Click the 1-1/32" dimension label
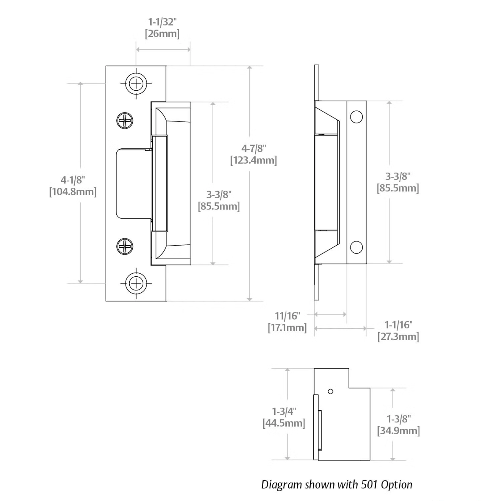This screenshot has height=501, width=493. coord(162,22)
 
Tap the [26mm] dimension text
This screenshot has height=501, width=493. coord(162,34)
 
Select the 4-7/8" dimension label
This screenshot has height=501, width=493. coord(254,149)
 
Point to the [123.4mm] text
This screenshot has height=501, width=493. coord(254,160)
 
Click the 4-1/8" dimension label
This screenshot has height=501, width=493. coord(73,180)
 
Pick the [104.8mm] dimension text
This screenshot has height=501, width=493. coord(73,192)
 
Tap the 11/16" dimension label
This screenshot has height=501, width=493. coord(287,316)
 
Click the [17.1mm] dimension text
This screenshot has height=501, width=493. coord(287,328)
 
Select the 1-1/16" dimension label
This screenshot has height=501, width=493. coord(399,325)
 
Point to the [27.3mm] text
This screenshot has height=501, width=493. coord(399,337)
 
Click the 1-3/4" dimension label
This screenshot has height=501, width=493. coord(284,411)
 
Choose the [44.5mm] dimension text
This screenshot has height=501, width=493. coord(284,423)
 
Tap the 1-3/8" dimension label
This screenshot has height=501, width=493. coord(399,419)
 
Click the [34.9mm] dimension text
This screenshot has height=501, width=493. coord(399,431)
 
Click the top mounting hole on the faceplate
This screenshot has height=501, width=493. coord(136,84)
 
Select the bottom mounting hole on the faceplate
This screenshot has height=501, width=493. coord(136,283)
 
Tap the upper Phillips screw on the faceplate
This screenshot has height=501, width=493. coord(125,121)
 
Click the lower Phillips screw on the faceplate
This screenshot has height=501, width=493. coord(125,246)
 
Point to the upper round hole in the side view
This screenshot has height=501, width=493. coord(356,117)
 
